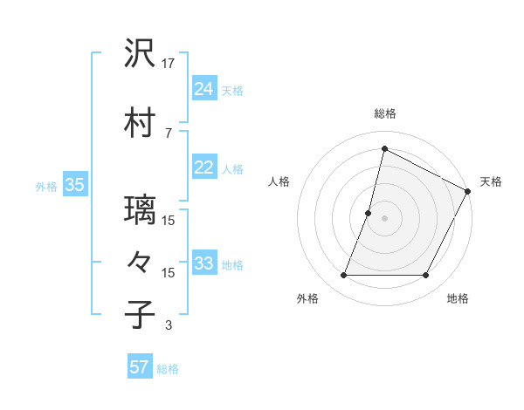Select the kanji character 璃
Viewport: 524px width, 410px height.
pos(141,210)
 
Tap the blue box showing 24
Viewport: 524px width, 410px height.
pos(204,88)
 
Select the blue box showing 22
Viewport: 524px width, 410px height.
pos(204,167)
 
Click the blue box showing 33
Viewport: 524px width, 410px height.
pos(204,263)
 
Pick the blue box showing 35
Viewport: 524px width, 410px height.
pos(74,185)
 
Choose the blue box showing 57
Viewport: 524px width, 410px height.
pos(140,367)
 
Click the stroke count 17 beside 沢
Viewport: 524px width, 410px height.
pos(169,63)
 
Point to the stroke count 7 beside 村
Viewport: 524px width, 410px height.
pos(169,133)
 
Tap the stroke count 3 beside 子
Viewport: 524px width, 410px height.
pos(169,325)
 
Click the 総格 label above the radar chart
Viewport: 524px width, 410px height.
pos(385,113)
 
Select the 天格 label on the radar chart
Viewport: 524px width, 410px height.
pos(491,181)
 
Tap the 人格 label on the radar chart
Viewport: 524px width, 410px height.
pos(279,181)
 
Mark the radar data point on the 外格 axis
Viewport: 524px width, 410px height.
pos(343,276)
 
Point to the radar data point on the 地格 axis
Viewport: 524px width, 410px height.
pos(426,276)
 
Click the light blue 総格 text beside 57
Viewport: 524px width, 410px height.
pos(168,369)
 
